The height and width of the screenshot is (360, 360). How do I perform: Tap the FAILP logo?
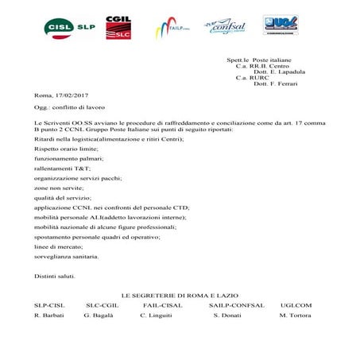coord(172,29)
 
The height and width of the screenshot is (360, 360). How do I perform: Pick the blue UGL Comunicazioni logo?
coord(282,26)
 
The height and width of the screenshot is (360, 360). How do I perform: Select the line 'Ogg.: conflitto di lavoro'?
coord(69,106)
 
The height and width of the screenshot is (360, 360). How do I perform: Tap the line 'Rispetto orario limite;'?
coord(66,149)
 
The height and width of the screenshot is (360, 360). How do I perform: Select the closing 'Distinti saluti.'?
coord(55,275)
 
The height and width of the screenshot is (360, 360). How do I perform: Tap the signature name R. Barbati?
coord(48,315)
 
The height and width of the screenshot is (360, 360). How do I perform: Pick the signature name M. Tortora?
coord(296,315)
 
